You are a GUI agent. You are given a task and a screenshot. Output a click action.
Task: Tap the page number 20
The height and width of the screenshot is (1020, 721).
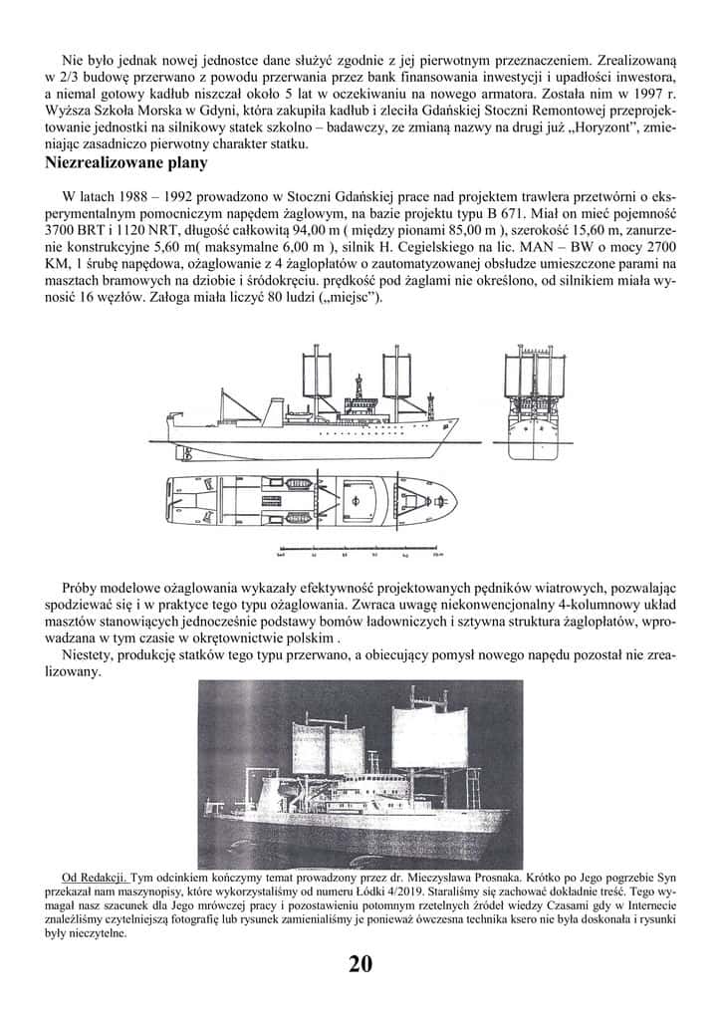tap(360, 963)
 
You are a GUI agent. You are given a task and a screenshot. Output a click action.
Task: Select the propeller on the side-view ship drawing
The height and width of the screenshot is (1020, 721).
tap(183, 453)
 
